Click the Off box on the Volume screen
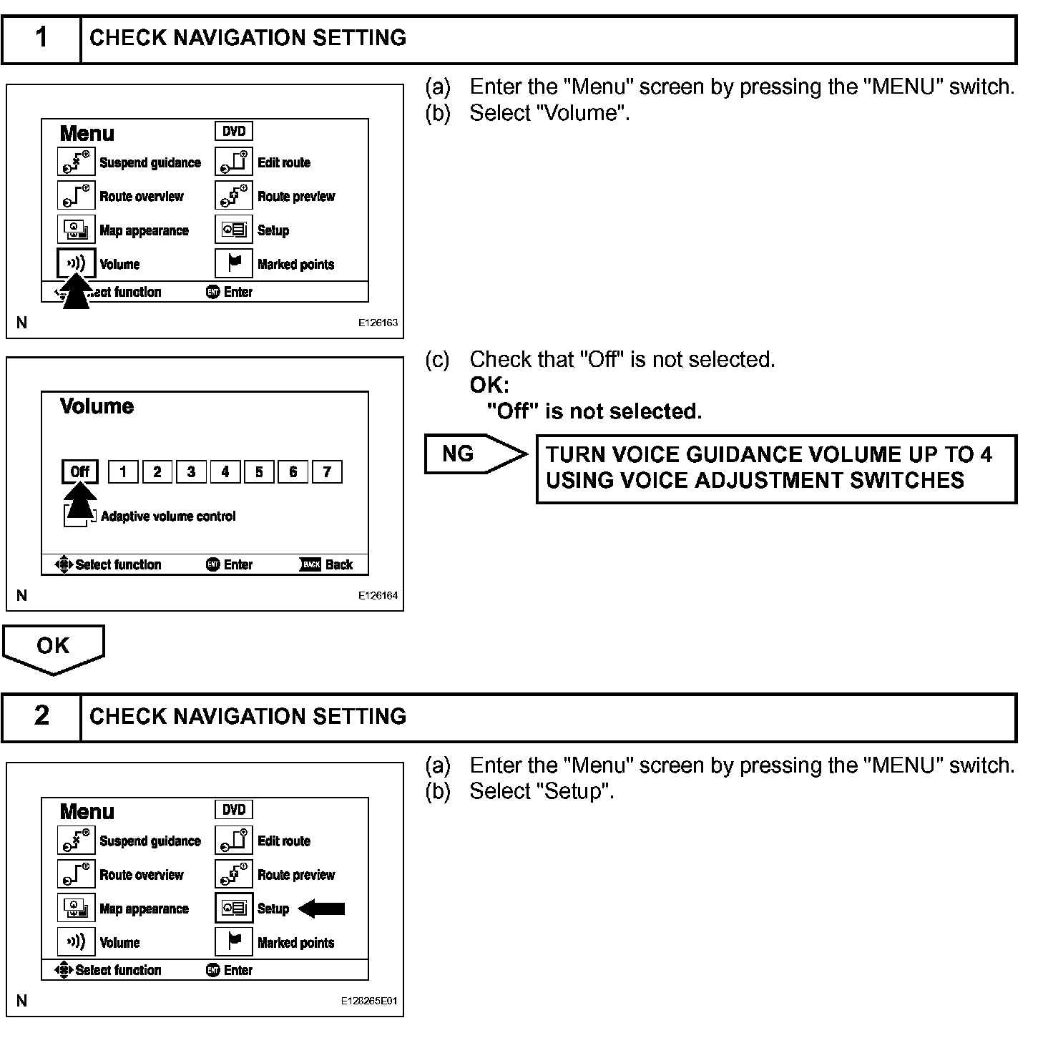pos(79,471)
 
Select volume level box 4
pos(225,471)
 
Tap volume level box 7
pos(327,471)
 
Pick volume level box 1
pos(123,471)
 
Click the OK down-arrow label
pos(54,647)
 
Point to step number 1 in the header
pos(41,38)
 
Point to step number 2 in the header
pos(41,716)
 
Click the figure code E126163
pos(378,323)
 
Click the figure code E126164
pos(378,595)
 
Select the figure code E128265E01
pos(369,1001)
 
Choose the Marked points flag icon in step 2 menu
pos(234,941)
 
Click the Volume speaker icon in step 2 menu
pos(76,941)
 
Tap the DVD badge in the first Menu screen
pos(234,132)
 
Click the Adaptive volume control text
pos(168,516)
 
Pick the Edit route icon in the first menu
pos(234,162)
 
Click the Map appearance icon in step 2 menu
pos(76,908)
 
